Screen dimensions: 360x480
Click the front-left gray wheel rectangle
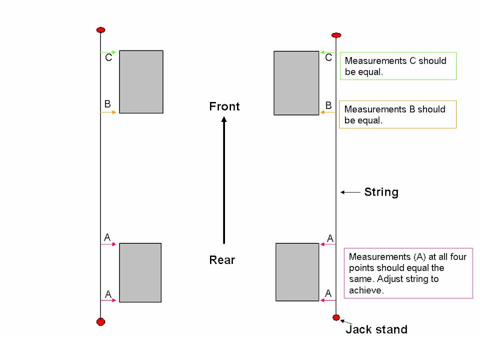pos(141,82)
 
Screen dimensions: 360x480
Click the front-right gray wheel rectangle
pos(296,83)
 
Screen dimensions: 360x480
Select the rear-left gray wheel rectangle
pos(140,272)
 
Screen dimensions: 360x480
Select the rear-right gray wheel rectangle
pos(297,272)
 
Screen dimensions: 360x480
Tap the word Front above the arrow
pos(224,107)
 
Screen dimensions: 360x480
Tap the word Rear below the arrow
pos(222,260)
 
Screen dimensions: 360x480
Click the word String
pos(381,192)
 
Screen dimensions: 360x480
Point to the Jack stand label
pos(376,329)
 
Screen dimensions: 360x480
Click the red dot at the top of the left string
pos(101,30)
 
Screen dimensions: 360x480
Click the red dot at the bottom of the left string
pos(101,322)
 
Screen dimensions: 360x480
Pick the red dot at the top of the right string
pos(337,35)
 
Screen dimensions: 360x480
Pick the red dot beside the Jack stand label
pos(336,317)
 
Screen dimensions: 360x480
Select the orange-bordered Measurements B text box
pos(398,114)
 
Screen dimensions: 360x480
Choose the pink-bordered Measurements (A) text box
pos(408,273)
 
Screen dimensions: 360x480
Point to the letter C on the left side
pos(108,58)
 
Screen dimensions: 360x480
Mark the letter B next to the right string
pos(328,106)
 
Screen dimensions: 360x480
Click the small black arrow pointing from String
pos(349,192)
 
